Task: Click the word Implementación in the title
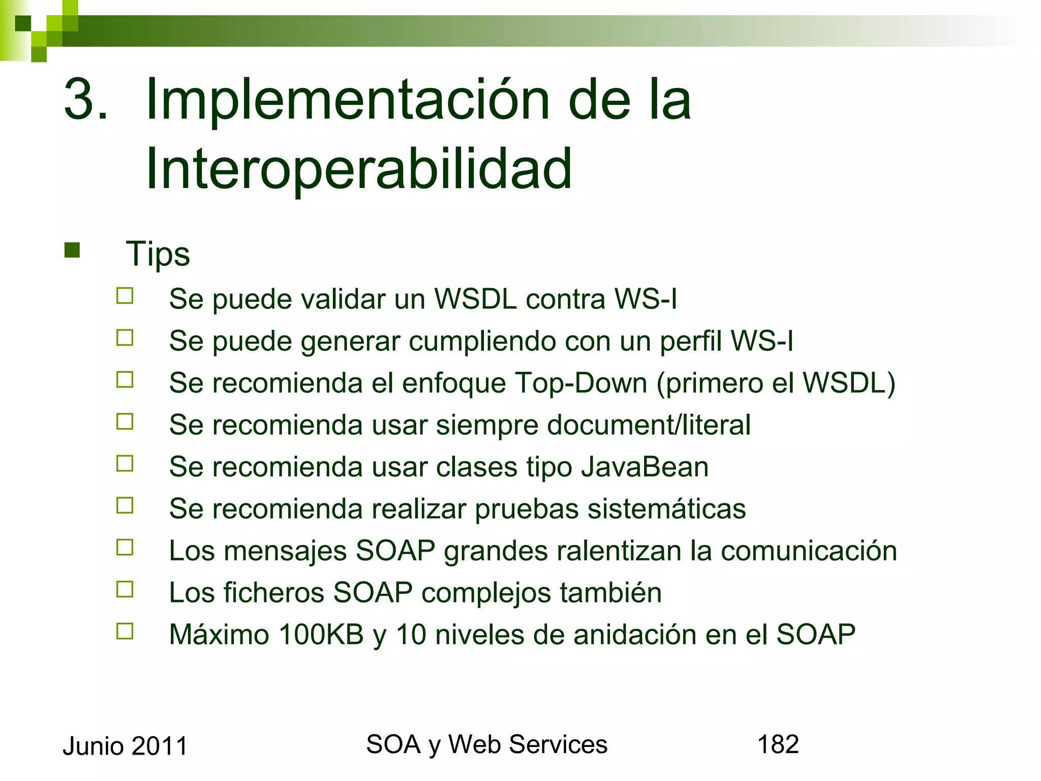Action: coord(347,100)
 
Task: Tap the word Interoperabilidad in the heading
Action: coord(359,169)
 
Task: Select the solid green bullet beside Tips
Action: coord(72,250)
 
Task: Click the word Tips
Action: coord(158,254)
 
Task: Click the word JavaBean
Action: coord(645,466)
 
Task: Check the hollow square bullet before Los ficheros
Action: coord(125,589)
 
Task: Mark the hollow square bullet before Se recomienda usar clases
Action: coord(125,463)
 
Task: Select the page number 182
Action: coord(778,744)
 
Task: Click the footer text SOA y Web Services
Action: coord(486,744)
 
